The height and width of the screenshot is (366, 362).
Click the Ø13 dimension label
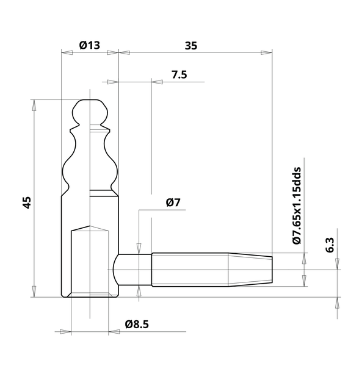click(90, 45)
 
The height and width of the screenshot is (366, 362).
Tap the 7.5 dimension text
click(179, 74)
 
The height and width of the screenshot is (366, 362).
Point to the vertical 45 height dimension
click(26, 202)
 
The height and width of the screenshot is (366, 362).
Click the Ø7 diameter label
click(173, 204)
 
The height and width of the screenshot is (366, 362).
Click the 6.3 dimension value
click(330, 245)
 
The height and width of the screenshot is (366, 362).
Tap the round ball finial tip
click(90, 111)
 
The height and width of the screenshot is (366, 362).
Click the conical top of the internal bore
click(90, 228)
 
